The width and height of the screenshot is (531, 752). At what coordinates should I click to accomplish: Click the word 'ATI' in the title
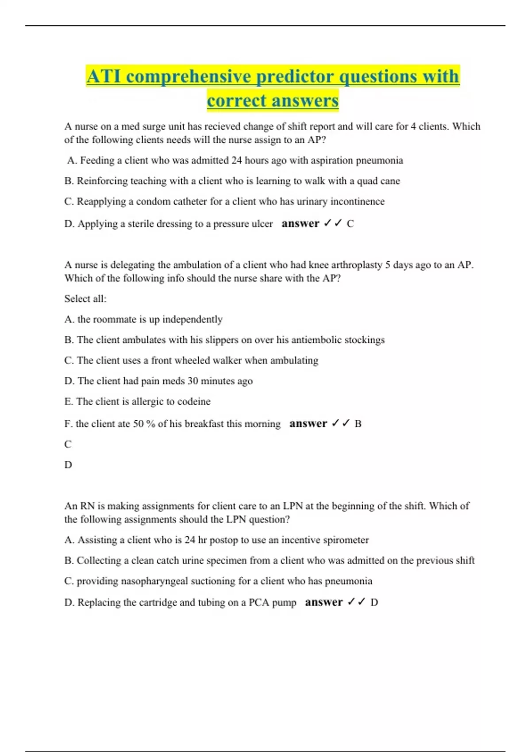[x=104, y=77]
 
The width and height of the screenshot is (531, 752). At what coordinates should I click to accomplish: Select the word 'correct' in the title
[x=235, y=100]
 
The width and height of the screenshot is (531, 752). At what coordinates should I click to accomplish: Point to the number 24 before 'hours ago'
[x=236, y=160]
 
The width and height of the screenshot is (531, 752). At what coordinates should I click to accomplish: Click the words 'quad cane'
[x=378, y=181]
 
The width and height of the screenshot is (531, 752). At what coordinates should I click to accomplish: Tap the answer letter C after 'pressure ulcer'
[x=350, y=224]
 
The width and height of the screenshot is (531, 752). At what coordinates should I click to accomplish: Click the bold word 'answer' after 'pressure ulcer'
[x=300, y=223]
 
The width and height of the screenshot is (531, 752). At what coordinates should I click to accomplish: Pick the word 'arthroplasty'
[x=357, y=265]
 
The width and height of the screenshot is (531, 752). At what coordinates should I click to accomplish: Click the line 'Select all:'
[x=85, y=299]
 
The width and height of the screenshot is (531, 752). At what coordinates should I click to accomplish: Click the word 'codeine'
[x=194, y=402]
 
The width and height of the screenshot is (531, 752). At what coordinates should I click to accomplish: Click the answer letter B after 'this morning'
[x=358, y=424]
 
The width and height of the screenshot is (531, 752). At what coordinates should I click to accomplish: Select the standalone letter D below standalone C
[x=68, y=465]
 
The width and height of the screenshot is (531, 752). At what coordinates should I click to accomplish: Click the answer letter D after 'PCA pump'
[x=374, y=602]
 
